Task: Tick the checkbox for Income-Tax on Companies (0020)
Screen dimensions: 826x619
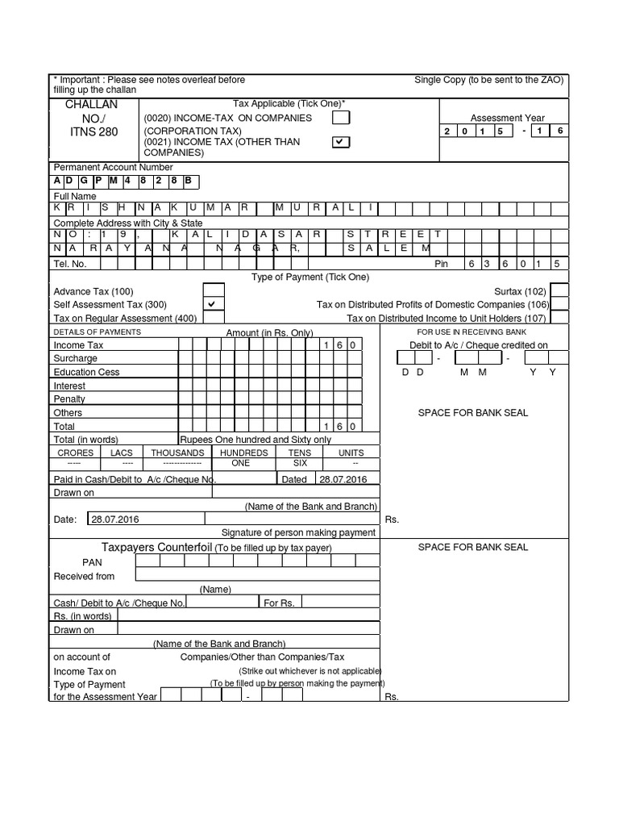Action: pyautogui.click(x=342, y=119)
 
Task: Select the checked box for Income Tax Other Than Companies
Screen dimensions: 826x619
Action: pyautogui.click(x=342, y=142)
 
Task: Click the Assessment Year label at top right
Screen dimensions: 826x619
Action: pyautogui.click(x=507, y=117)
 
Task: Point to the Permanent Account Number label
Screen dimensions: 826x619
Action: pyautogui.click(x=113, y=167)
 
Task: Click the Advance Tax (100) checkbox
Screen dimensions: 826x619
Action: pyautogui.click(x=214, y=290)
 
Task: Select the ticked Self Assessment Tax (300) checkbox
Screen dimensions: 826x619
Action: pyautogui.click(x=214, y=304)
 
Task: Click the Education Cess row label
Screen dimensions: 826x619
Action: pyautogui.click(x=86, y=372)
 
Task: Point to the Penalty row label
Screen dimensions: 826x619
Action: pyautogui.click(x=69, y=399)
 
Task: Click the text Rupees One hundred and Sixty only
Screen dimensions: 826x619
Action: pyautogui.click(x=255, y=440)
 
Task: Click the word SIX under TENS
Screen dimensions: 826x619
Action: pyautogui.click(x=299, y=464)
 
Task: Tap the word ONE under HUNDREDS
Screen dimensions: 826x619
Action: pyautogui.click(x=241, y=464)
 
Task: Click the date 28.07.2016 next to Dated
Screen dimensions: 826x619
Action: pyautogui.click(x=343, y=479)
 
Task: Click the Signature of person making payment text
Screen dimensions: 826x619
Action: pyautogui.click(x=298, y=532)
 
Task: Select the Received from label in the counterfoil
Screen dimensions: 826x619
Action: pyautogui.click(x=84, y=576)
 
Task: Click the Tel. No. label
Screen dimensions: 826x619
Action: pyautogui.click(x=70, y=264)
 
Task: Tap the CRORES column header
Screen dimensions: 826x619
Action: pyautogui.click(x=76, y=453)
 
